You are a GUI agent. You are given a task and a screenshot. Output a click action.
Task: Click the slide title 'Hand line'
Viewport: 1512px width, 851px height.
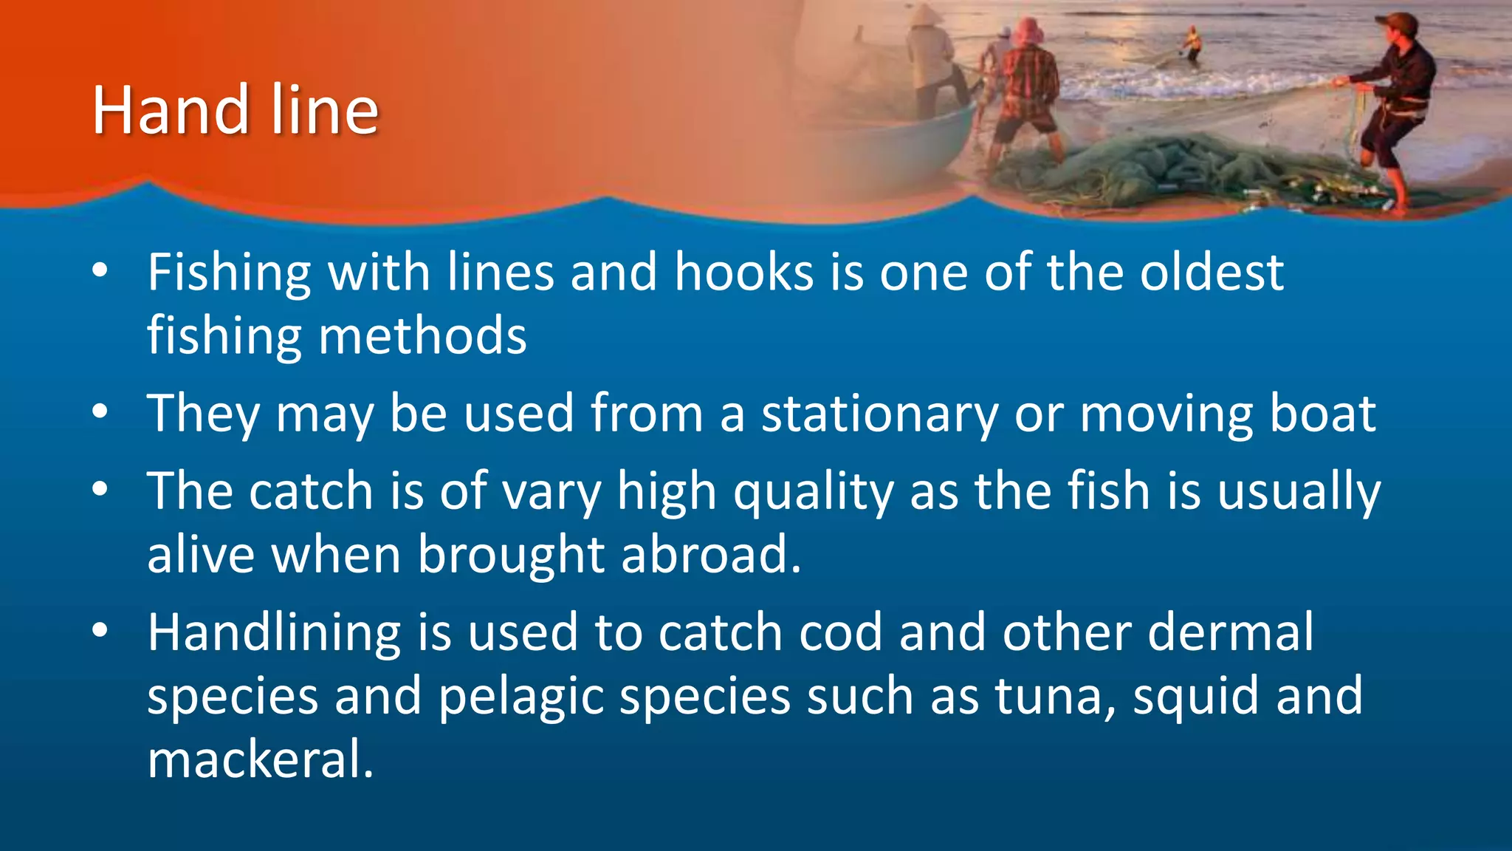[235, 111]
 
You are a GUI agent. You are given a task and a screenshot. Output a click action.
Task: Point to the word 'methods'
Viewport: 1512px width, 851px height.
[422, 336]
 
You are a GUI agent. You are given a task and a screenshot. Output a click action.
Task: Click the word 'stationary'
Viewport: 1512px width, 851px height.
[879, 414]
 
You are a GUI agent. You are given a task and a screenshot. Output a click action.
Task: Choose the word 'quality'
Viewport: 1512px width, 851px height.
[813, 492]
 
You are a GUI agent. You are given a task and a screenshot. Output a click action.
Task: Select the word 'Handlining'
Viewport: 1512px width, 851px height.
[274, 633]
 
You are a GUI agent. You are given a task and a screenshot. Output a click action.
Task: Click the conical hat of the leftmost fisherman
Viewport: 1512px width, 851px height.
[923, 14]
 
